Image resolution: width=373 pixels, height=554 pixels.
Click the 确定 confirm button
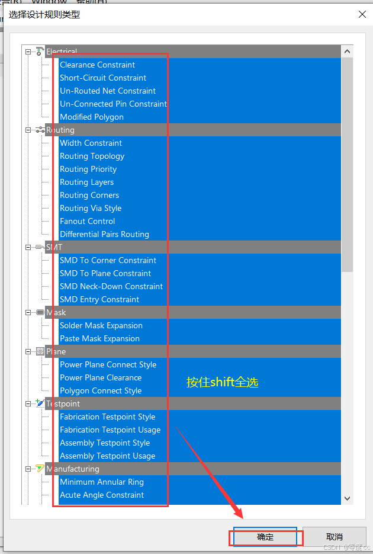pos(265,537)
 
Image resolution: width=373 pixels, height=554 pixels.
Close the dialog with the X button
pos(362,14)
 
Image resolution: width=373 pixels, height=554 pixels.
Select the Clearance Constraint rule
pos(97,65)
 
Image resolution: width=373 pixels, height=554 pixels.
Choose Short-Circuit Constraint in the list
pos(103,78)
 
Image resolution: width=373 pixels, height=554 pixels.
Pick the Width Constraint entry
pos(91,143)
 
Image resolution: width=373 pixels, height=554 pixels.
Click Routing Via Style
pos(91,208)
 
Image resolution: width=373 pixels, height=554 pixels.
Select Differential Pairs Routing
pos(104,234)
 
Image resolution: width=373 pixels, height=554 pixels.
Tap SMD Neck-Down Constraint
pos(111,286)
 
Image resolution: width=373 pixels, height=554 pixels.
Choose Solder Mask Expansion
pos(101,325)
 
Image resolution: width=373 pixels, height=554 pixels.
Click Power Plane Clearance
pos(101,377)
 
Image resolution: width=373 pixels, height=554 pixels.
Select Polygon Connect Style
pos(101,390)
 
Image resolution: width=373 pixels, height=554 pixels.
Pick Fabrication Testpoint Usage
pos(110,430)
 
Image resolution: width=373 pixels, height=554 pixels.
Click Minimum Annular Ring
pos(102,482)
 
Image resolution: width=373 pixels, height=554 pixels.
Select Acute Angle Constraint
pos(102,495)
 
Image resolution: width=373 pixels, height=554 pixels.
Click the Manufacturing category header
pos(72,469)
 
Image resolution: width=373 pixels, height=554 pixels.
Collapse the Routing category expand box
pos(28,130)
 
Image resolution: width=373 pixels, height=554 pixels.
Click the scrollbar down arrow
pos(348,499)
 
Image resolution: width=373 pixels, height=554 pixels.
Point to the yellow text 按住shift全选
pos(223,382)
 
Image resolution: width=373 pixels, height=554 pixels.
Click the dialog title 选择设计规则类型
pos(44,14)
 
